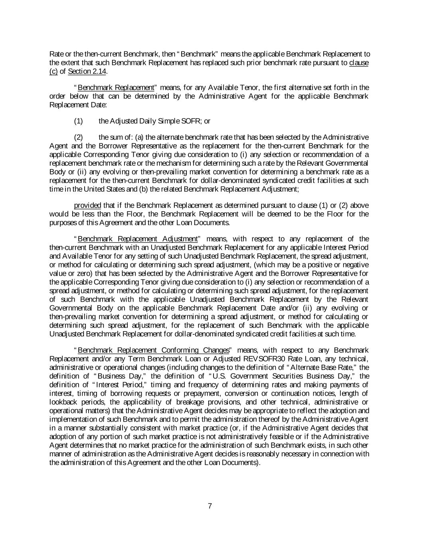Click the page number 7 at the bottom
(x=210, y=506)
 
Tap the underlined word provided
(x=87, y=205)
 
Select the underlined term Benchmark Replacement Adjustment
(x=138, y=239)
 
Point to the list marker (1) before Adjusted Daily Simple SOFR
(x=79, y=121)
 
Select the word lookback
(x=62, y=402)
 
